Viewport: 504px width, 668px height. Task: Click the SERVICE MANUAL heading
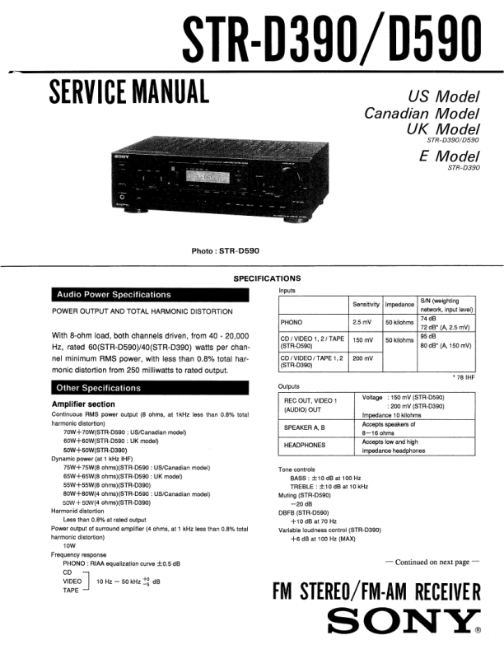coord(128,89)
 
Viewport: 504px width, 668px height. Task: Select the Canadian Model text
coord(422,113)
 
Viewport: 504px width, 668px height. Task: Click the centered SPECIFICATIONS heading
coord(267,278)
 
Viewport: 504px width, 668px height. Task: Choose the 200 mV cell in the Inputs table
coord(363,358)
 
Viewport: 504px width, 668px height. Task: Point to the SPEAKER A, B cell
coord(304,427)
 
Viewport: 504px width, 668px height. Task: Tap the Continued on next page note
coord(432,563)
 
